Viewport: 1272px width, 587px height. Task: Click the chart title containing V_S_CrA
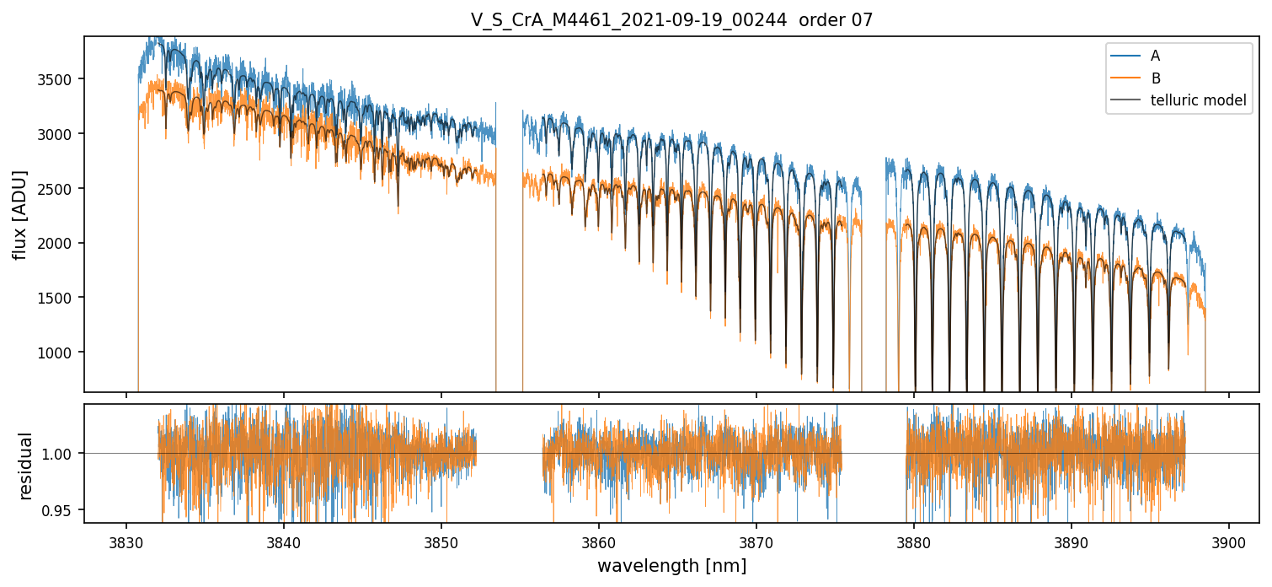(x=671, y=20)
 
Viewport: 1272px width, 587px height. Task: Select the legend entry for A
(x=1155, y=56)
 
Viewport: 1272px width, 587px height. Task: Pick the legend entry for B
(x=1156, y=78)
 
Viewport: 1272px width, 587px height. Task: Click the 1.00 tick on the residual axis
(x=63, y=454)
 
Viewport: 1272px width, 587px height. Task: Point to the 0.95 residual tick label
(x=63, y=510)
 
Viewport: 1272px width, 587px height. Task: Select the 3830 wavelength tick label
(x=126, y=541)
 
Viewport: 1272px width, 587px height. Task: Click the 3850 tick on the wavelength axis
(x=441, y=541)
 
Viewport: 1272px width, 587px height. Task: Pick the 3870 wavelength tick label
(x=756, y=541)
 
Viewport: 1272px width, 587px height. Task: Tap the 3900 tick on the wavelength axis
(x=1228, y=541)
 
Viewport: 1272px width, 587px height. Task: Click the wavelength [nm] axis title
(x=671, y=566)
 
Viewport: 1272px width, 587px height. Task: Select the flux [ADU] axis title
(x=20, y=214)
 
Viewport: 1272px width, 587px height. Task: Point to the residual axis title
(x=26, y=466)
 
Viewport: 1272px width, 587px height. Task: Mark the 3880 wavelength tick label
(x=914, y=541)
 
